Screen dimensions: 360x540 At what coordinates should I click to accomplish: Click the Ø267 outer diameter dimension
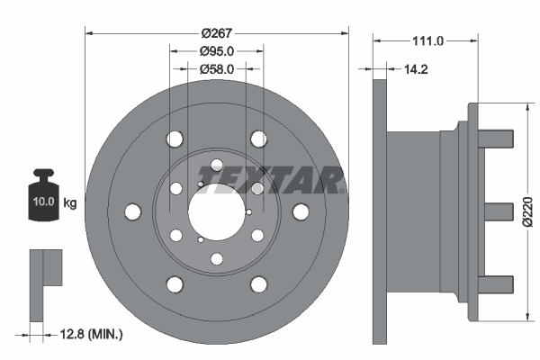[x=216, y=32]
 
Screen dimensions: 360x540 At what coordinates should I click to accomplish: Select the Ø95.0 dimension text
[x=216, y=51]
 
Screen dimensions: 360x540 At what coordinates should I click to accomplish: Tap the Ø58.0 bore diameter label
[x=216, y=68]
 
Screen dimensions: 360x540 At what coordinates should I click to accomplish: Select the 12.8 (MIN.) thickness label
[x=87, y=335]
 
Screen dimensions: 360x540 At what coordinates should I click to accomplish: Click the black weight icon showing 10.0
[x=42, y=193]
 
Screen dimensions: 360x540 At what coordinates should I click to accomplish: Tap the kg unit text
[x=70, y=203]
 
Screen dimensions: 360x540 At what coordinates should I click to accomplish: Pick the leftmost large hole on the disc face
[x=133, y=211]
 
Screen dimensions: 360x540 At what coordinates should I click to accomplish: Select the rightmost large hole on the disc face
[x=300, y=211]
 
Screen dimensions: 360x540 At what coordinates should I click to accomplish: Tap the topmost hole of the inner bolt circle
[x=216, y=165]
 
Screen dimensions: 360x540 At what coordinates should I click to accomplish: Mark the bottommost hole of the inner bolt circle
[x=216, y=259]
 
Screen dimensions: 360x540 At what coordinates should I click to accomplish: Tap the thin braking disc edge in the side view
[x=380, y=211]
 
